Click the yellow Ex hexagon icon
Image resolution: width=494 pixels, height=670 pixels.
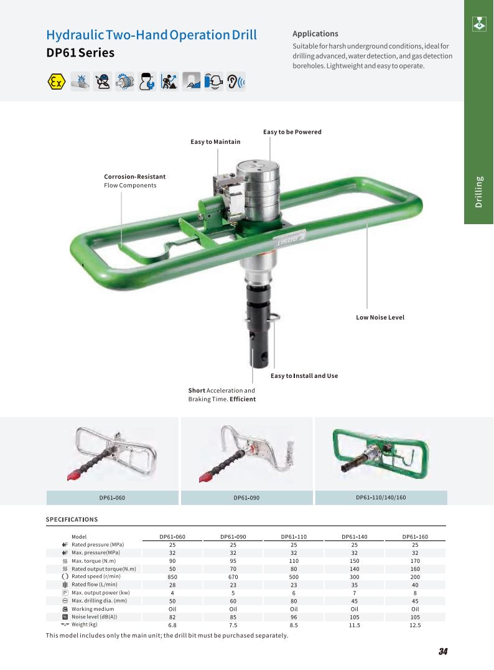(x=56, y=81)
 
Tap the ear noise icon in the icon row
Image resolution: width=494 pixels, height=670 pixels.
(x=236, y=81)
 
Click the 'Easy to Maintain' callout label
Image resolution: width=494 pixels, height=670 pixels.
(x=215, y=142)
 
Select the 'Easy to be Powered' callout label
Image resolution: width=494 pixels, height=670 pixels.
(x=292, y=132)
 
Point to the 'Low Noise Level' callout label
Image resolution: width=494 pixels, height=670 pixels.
(x=380, y=318)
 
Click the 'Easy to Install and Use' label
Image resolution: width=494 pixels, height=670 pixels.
(x=304, y=376)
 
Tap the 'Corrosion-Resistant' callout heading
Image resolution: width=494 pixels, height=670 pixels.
(x=134, y=176)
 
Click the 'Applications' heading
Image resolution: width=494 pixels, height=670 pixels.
(x=315, y=34)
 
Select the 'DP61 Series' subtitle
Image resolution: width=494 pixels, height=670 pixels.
(x=80, y=53)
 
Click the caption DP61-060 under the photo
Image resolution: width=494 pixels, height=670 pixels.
(x=112, y=498)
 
